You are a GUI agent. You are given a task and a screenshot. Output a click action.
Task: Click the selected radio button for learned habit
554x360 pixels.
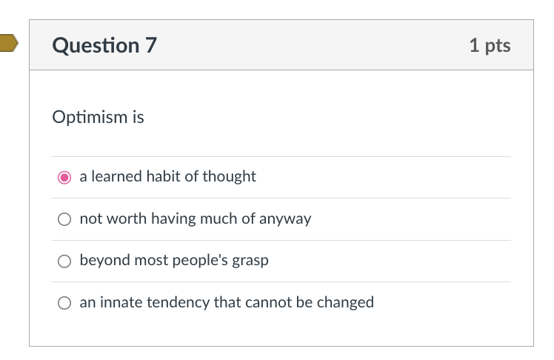65,177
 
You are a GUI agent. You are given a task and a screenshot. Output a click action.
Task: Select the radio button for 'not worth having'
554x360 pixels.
65,219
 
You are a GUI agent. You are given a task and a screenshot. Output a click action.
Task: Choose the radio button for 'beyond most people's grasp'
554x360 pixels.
65,261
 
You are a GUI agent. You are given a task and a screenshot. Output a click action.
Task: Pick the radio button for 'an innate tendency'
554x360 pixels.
65,302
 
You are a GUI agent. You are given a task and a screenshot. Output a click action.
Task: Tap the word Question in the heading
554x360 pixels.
96,46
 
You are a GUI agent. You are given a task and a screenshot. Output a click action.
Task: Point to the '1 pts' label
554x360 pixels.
490,45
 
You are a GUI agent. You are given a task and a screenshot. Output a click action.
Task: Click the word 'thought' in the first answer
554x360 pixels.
231,176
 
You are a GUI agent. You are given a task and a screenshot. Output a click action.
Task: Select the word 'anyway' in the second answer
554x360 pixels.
285,219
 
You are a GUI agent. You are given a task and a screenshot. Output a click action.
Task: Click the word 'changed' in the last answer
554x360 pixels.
345,302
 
